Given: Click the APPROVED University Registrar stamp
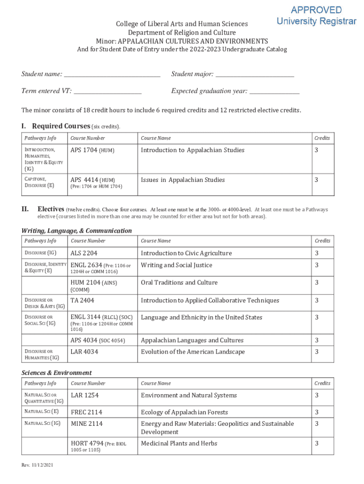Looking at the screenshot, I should (x=316, y=16).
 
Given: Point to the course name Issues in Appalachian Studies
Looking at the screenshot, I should (x=182, y=180).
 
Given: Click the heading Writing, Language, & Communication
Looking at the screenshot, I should (x=77, y=231).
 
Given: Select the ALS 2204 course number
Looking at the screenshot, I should (x=84, y=253).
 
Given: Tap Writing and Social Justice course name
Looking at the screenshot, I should (x=176, y=265).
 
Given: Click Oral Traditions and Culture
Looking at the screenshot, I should (x=179, y=283).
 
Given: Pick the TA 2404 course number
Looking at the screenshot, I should (x=82, y=301).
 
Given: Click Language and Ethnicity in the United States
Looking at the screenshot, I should (x=201, y=318).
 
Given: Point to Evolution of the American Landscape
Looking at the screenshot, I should (x=192, y=352).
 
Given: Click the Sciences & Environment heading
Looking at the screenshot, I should (x=57, y=373).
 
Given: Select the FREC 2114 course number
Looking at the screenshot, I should (x=87, y=412).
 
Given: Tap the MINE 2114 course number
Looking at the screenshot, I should (x=87, y=424).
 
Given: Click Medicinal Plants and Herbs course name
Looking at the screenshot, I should (x=179, y=443).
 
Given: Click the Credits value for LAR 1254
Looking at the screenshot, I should (x=317, y=395).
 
